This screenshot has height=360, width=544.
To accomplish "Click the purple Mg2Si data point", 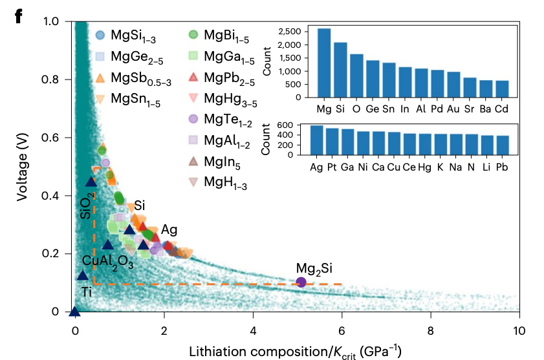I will pos(301,282).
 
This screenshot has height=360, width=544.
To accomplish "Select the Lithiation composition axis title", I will pos(296,351).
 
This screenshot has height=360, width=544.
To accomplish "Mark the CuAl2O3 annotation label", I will pos(108,262).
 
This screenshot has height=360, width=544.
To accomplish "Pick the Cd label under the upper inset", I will pos(502,107).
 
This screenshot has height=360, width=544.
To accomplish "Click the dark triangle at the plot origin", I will pos(75,312).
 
